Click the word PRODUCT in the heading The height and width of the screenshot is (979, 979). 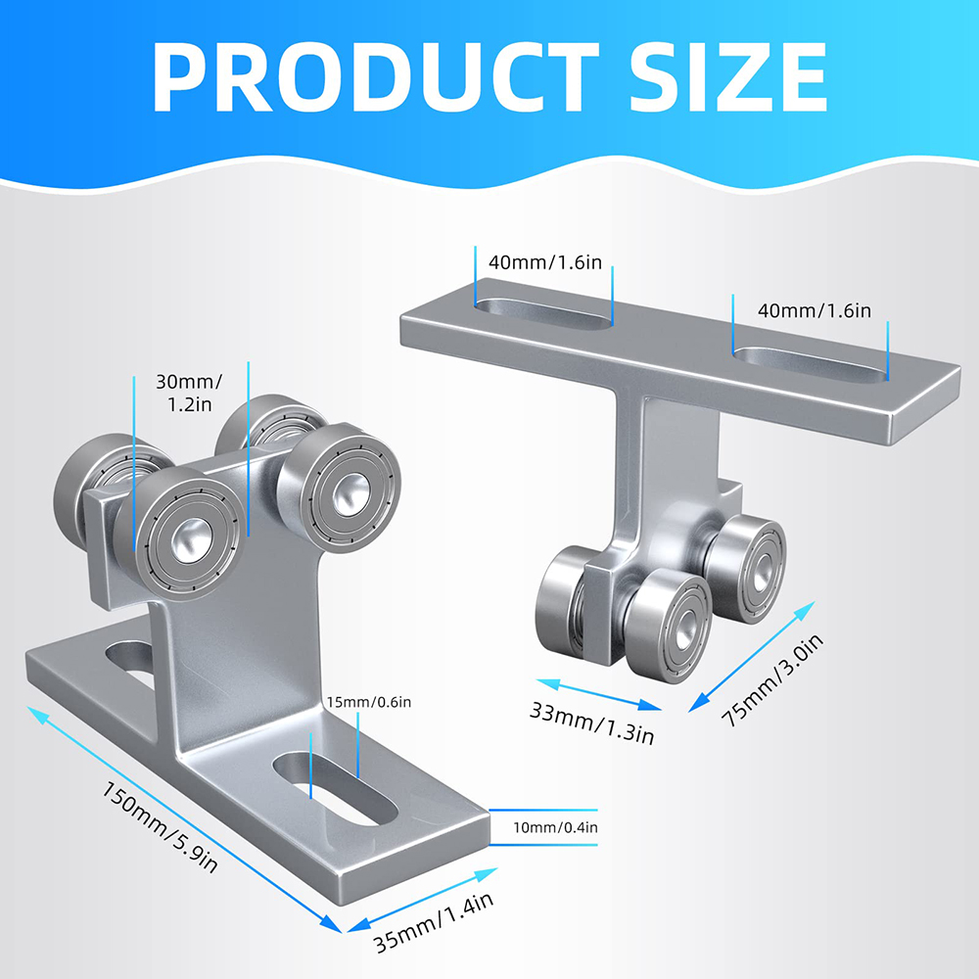375,76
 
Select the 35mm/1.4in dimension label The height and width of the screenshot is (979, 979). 434,922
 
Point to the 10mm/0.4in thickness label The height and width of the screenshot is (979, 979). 555,827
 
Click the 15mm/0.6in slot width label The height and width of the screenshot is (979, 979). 369,702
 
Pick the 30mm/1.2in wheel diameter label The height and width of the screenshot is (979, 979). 189,393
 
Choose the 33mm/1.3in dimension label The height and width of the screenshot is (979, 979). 592,723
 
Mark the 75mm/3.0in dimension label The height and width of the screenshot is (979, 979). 772,680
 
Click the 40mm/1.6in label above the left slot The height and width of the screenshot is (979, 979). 545,262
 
